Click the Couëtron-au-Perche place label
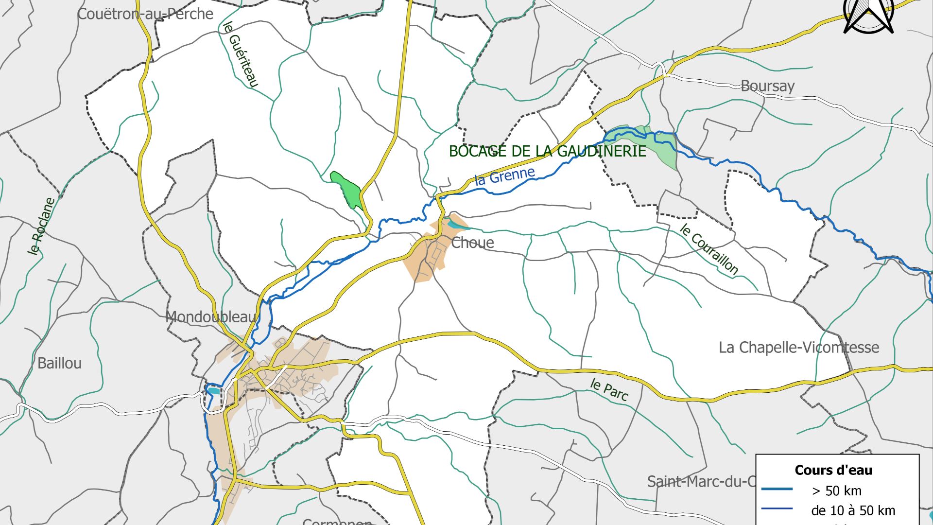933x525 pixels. [x=145, y=14]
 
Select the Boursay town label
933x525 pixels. [x=767, y=86]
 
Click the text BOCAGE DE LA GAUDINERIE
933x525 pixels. [x=547, y=151]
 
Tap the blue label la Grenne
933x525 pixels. [x=504, y=176]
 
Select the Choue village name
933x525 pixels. [x=472, y=243]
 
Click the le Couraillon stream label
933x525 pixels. [x=708, y=249]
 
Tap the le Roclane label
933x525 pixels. [x=41, y=226]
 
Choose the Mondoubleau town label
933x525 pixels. [x=210, y=317]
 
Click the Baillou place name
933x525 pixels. [x=59, y=363]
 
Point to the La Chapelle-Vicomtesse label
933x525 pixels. [x=798, y=348]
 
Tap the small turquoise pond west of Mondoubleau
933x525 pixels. [x=213, y=390]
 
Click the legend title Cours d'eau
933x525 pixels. [x=833, y=470]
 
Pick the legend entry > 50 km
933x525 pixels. [x=836, y=490]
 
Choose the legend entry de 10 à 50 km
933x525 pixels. [x=853, y=510]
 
